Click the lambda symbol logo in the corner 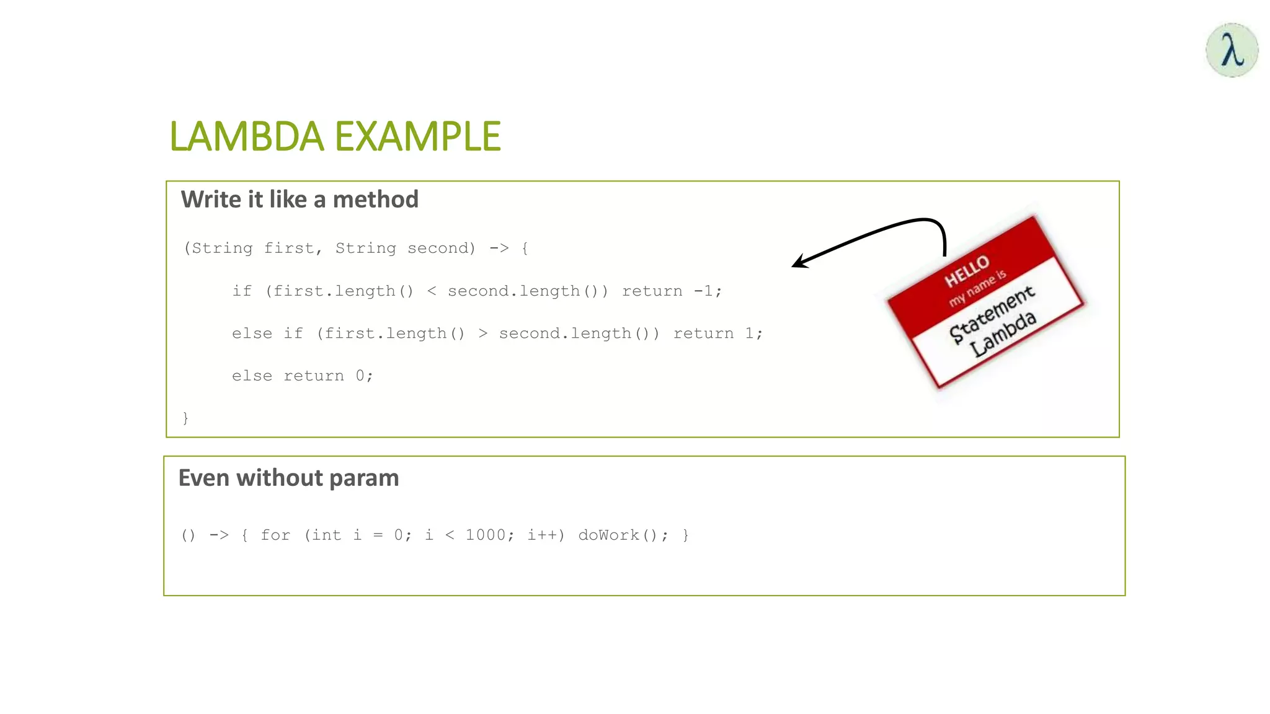pos(1232,50)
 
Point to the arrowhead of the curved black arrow pos(798,263)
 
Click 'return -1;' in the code pos(672,291)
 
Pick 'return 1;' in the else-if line pos(717,333)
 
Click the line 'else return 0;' pos(302,376)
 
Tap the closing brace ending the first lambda pos(185,418)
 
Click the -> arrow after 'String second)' pos(499,249)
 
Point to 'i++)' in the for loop pos(545,535)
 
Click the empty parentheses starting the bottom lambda pos(189,535)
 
